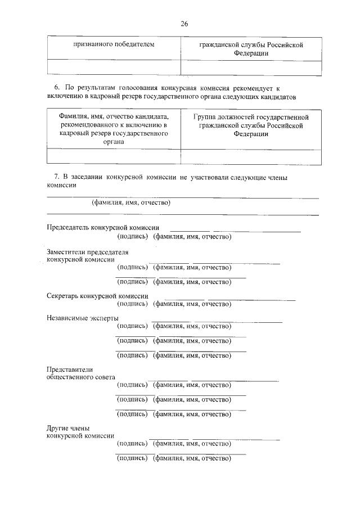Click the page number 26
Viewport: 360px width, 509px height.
pos(184,24)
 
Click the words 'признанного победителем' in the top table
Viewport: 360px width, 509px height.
pos(114,44)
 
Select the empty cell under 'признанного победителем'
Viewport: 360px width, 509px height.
pos(114,66)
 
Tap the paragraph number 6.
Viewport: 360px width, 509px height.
pos(56,89)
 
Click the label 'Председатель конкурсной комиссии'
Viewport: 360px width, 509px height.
pos(103,228)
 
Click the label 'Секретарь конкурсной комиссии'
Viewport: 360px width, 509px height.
pos(97,296)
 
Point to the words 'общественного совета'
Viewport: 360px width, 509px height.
pos(81,377)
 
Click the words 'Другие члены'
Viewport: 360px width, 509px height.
pos(68,428)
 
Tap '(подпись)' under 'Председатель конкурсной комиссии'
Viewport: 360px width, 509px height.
pos(132,236)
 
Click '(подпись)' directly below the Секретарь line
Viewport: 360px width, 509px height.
pos(132,304)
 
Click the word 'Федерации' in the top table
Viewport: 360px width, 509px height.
pos(251,53)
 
